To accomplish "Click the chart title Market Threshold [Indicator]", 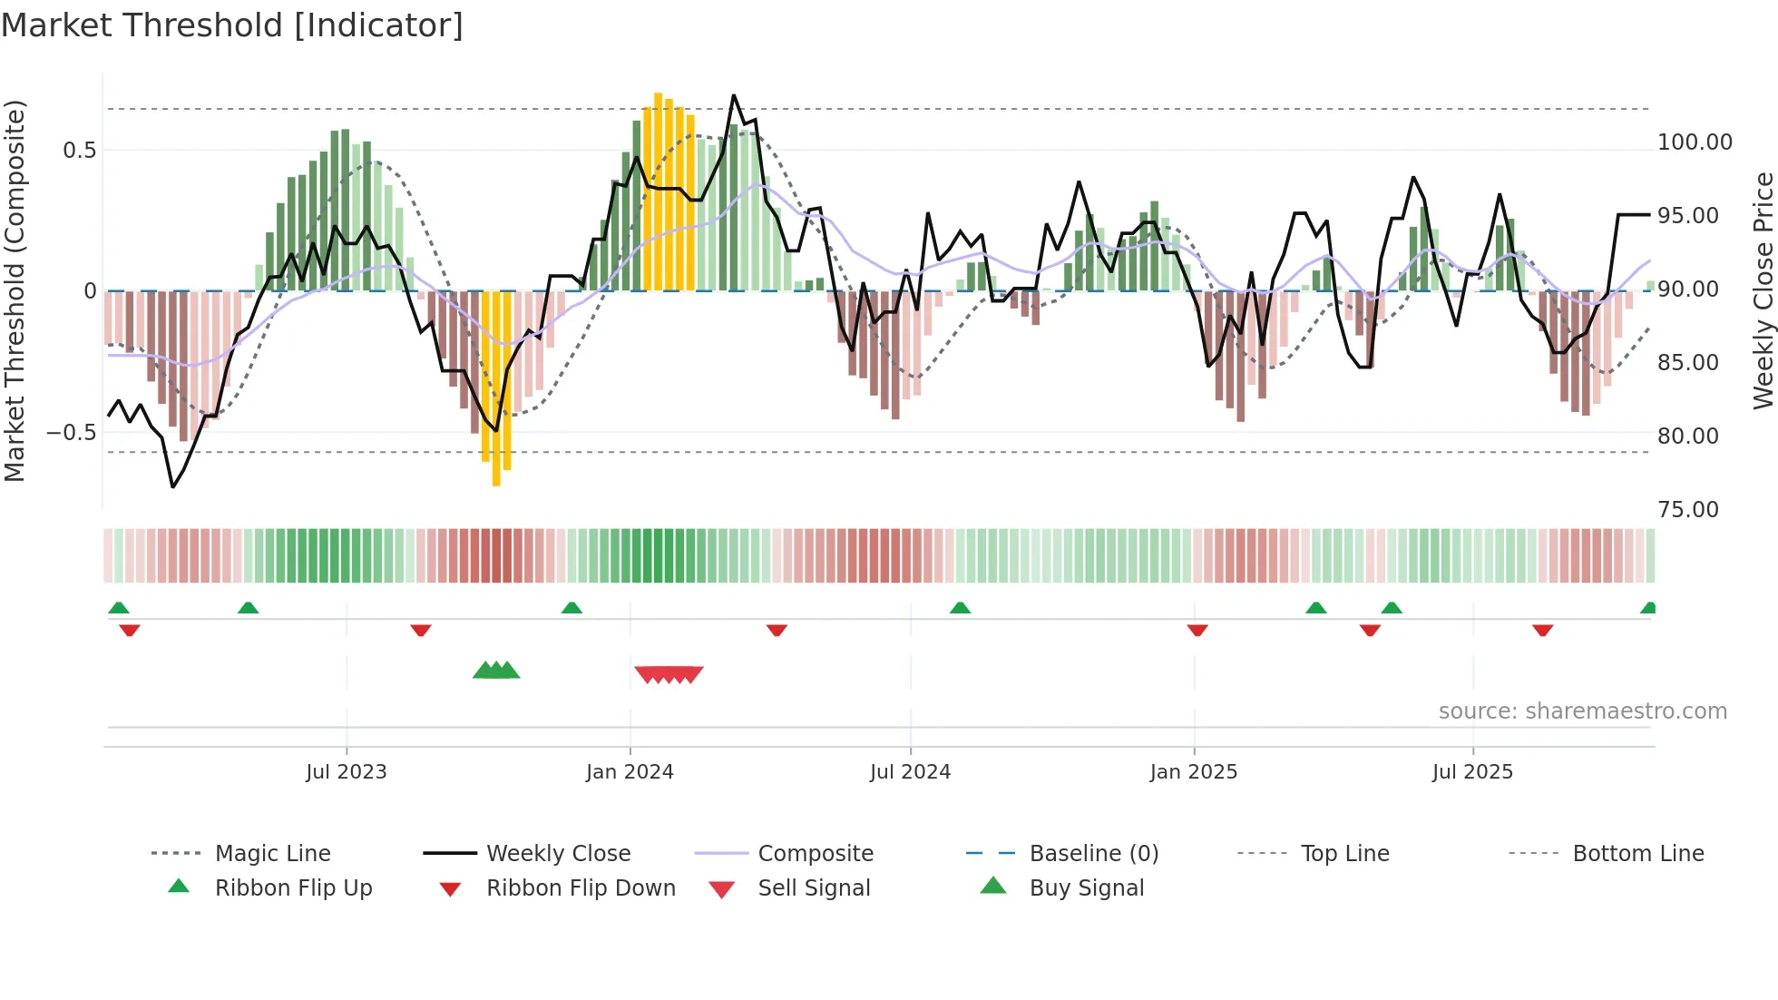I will tap(232, 25).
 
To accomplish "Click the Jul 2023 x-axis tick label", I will tap(346, 772).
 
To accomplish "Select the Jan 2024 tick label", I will tap(630, 772).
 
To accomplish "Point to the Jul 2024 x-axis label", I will tap(910, 772).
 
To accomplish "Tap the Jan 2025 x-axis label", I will tap(1193, 772).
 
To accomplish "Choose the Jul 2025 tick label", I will tap(1472, 772).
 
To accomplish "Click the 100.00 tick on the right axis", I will tap(1695, 142).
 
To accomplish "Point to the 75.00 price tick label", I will tap(1688, 510).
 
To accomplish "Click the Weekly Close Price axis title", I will tap(1763, 290).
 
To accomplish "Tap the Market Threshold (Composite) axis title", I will tap(15, 290).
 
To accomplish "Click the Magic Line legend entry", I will tap(272, 854).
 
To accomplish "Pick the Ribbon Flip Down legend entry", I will tap(581, 888).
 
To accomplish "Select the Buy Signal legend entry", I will tap(1086, 888).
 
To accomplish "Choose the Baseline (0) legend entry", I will tap(1093, 854).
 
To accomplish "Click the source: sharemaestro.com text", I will tap(1582, 711).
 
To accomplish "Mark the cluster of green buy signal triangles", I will tap(496, 672).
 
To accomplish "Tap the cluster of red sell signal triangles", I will tap(669, 674).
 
